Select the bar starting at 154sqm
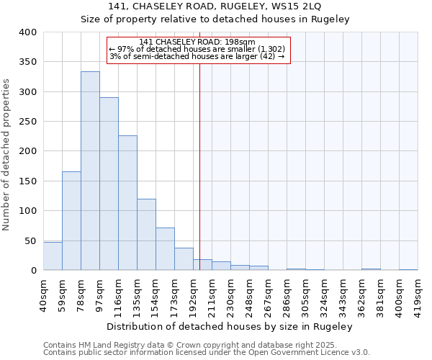(x=165, y=249)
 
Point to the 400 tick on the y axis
(x=27, y=32)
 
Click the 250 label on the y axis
(x=27, y=122)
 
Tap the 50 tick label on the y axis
(x=30, y=240)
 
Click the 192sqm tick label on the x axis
(x=193, y=293)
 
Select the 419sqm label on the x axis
(x=418, y=293)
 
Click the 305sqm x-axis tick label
(x=305, y=293)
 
